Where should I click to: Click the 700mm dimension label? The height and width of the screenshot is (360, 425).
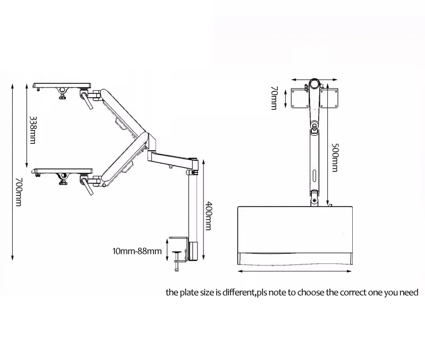18,192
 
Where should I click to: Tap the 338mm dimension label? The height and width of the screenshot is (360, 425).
32,130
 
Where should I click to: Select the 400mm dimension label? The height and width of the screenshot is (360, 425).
208,216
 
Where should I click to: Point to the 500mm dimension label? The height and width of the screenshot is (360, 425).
335,157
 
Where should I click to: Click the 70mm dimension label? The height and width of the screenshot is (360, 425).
274,98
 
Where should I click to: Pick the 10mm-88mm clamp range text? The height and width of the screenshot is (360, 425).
137,251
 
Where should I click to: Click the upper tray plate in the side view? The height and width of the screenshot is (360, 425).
62,85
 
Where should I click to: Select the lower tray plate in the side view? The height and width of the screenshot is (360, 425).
62,171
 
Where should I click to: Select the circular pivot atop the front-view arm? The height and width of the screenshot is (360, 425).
314,84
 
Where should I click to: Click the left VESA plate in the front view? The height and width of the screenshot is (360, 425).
300,98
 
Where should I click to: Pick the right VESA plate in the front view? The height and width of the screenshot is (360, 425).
329,98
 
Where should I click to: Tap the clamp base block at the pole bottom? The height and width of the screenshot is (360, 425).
193,251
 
